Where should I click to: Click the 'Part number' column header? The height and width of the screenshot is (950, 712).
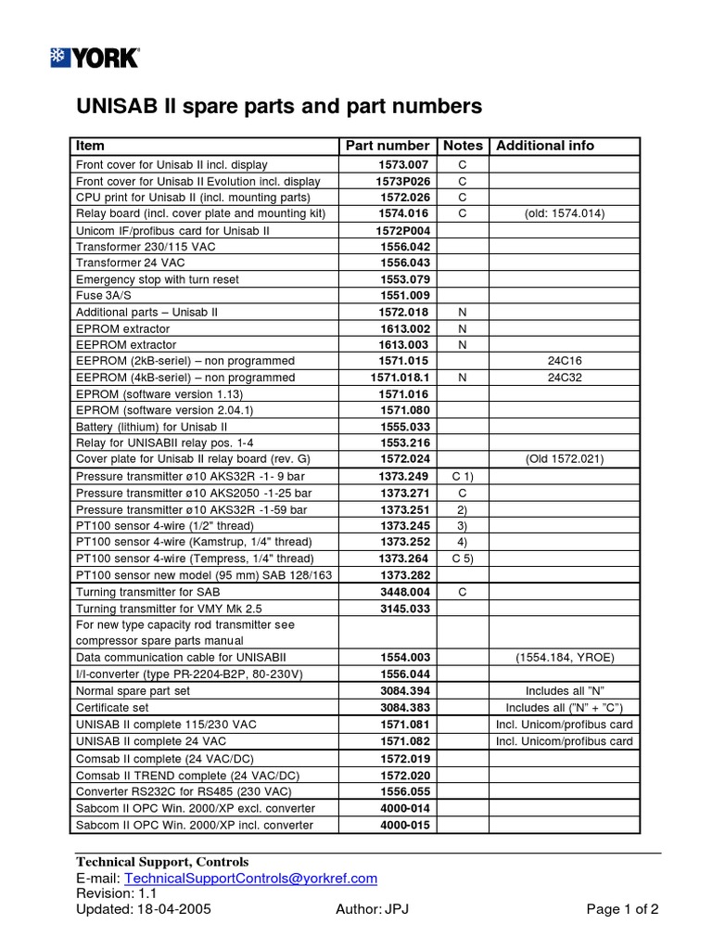tap(387, 146)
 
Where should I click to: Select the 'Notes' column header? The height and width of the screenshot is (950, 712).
tap(463, 146)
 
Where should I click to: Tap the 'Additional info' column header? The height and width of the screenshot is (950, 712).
tap(545, 146)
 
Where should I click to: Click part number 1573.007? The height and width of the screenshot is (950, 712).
tap(405, 164)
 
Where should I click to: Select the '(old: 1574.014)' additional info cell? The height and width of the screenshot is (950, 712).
tap(565, 213)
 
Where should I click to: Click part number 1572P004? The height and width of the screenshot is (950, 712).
tap(402, 230)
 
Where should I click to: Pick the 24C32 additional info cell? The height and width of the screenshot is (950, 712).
tap(565, 379)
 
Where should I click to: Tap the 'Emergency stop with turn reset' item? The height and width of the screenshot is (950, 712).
tap(157, 279)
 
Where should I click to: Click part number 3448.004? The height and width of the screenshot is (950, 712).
tap(405, 591)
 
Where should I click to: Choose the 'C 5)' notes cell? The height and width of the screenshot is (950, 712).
tap(463, 558)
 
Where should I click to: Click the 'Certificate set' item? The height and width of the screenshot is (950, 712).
tap(113, 707)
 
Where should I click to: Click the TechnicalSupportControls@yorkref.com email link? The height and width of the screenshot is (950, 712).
tap(250, 879)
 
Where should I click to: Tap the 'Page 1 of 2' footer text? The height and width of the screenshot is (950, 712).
tap(622, 909)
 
